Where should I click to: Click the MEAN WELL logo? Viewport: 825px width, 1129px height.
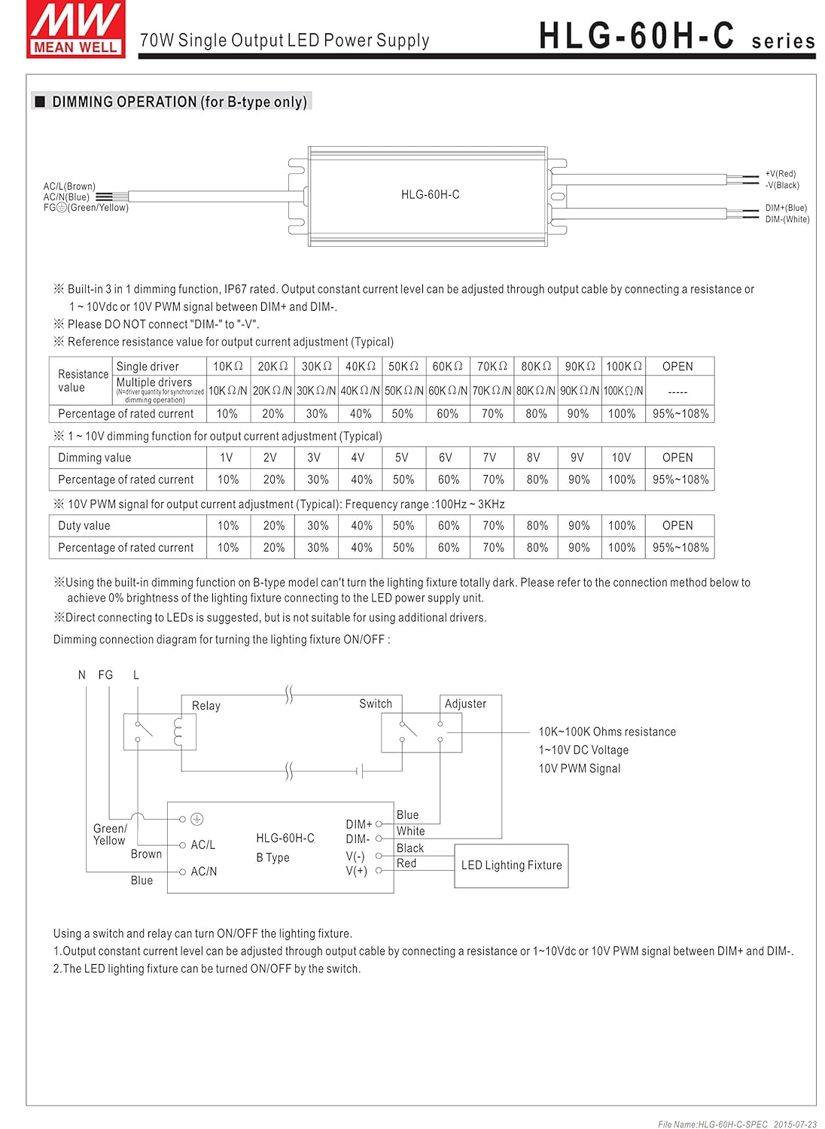click(75, 29)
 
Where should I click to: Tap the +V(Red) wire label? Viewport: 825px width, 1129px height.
click(780, 174)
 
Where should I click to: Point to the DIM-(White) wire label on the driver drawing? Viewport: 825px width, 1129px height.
click(787, 220)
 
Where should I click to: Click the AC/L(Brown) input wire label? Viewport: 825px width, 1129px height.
click(69, 186)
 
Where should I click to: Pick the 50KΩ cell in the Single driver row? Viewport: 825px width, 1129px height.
click(403, 367)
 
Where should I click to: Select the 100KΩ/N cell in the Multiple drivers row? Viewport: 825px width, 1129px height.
click(623, 391)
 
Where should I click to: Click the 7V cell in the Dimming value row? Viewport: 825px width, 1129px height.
click(489, 458)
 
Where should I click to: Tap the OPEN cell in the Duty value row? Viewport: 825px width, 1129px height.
click(677, 525)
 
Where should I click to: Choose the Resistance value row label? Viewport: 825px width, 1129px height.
click(83, 381)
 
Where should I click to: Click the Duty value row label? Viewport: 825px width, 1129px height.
click(84, 525)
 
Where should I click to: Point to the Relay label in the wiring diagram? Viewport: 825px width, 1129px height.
click(206, 706)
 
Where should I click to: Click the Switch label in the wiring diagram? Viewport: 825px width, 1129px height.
click(376, 704)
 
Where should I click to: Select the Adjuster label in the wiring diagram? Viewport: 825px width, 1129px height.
click(465, 704)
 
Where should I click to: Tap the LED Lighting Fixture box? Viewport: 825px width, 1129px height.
click(511, 866)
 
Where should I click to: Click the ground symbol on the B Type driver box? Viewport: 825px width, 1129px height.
click(196, 819)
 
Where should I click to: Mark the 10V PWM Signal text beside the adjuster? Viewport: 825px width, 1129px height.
click(579, 768)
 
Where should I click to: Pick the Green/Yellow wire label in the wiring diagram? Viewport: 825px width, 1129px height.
click(110, 835)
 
